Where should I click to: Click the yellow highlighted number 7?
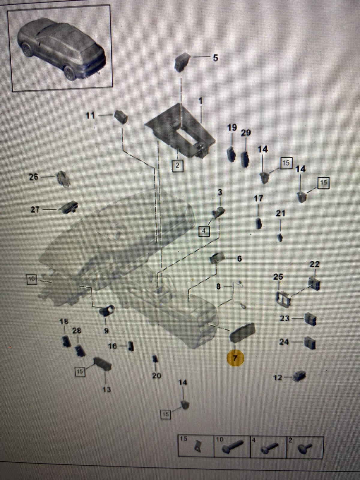pos(235,358)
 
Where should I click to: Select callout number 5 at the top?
pos(215,58)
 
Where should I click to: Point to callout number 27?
pos(35,209)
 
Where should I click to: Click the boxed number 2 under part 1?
pos(177,165)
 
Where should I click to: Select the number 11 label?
pos(90,115)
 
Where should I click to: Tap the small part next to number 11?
pos(121,116)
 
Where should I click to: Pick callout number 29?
pos(246,133)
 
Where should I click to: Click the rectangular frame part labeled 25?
pos(283,299)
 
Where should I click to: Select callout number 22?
pos(314,264)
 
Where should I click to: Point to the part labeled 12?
pos(300,376)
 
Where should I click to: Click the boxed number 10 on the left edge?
pos(31,279)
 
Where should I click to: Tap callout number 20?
pos(156,376)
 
